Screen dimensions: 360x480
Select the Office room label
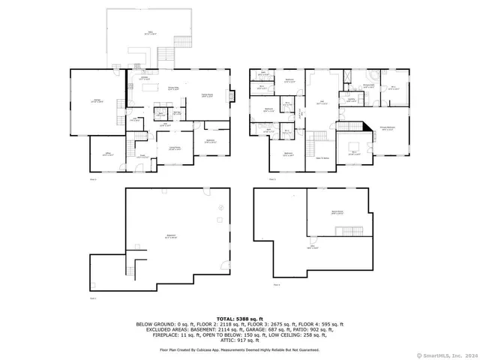(108, 154)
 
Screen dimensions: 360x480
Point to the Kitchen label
(143, 78)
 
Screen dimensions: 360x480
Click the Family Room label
(206, 95)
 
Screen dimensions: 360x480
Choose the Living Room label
(175, 148)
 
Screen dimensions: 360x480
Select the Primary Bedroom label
(387, 128)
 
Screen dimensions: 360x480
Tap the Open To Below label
(322, 158)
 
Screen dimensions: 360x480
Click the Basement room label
(171, 236)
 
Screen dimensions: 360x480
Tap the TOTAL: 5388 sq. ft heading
(239, 318)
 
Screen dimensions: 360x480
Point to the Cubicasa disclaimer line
(239, 349)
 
